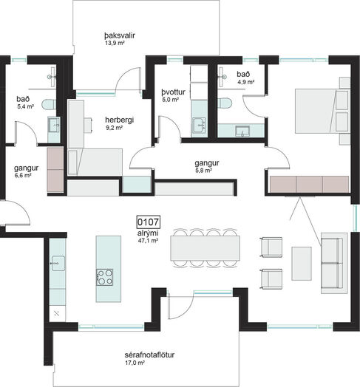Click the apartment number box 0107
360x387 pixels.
tap(149, 222)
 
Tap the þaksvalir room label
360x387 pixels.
tap(120, 35)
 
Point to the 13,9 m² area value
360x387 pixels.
tap(115, 43)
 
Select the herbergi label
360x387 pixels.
tap(119, 120)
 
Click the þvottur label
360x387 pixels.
tap(174, 92)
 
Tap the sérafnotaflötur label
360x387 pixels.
tap(149, 355)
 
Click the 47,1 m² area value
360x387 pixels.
tap(149, 241)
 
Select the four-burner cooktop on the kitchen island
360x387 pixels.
tap(105, 277)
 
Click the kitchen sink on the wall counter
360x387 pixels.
tap(58, 264)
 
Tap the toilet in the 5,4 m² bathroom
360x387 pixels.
tap(49, 104)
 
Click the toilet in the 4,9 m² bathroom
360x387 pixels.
tap(225, 103)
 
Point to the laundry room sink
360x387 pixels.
tap(200, 126)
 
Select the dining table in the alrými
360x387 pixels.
tap(205, 248)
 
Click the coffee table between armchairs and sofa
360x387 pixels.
tap(302, 264)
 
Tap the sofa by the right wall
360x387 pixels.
tap(333, 263)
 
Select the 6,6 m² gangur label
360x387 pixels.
tap(26, 171)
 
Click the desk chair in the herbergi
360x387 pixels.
tap(88, 125)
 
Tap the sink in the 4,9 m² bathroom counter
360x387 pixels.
tap(242, 131)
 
